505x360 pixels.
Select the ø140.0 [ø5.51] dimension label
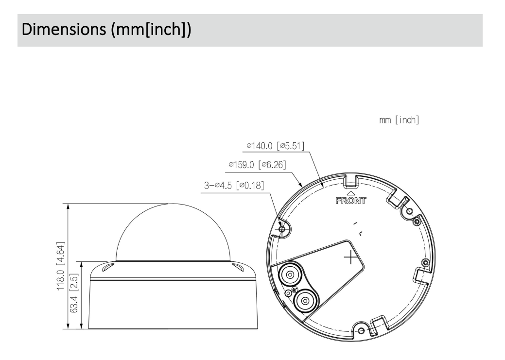[x=275, y=146]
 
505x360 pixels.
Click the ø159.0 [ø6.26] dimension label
[x=257, y=165]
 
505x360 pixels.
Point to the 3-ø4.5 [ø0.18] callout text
[x=232, y=185]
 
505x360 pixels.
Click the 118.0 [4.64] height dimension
[x=62, y=266]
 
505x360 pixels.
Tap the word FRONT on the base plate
[x=350, y=200]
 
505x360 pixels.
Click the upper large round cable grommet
[x=290, y=275]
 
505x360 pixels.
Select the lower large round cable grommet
[x=305, y=301]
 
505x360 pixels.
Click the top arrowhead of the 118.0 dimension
[x=69, y=206]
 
